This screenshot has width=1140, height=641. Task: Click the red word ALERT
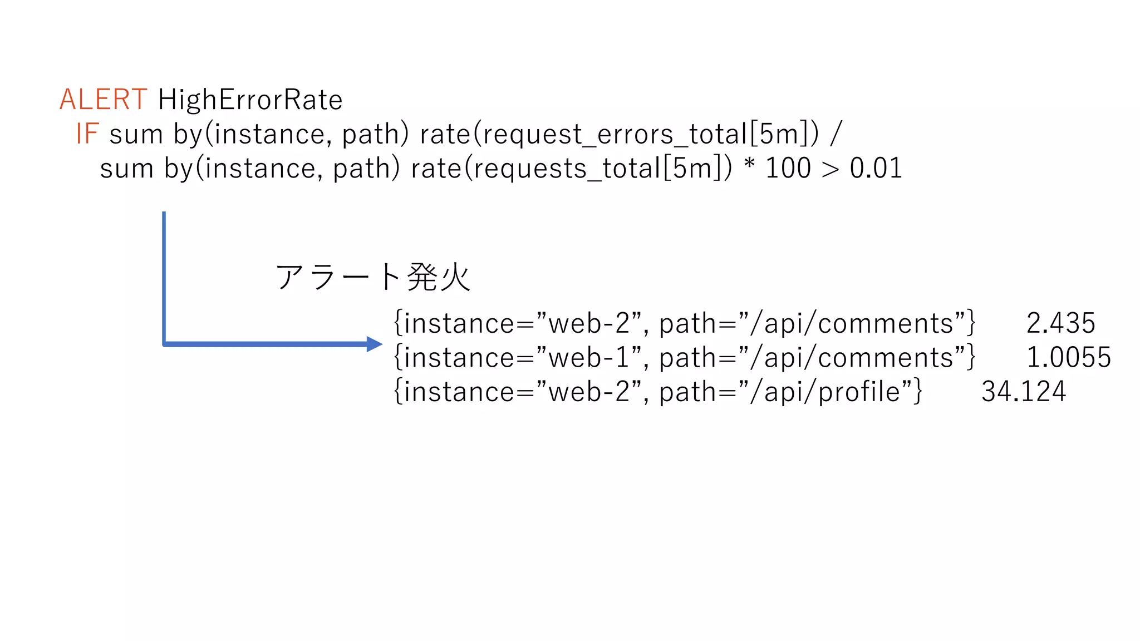click(x=103, y=100)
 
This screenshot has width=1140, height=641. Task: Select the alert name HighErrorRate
click(x=250, y=100)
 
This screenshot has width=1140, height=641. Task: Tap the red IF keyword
click(x=87, y=135)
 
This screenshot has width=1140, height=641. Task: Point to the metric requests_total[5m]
click(x=598, y=169)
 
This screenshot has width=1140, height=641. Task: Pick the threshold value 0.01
click(x=876, y=169)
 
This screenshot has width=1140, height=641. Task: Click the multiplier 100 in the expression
click(x=788, y=169)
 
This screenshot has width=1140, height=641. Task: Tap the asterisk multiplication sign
click(x=749, y=166)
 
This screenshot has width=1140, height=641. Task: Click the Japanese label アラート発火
click(x=373, y=277)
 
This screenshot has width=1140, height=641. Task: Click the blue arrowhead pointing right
click(x=374, y=344)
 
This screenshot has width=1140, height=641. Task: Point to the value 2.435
click(x=1060, y=323)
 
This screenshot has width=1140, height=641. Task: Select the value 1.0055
click(x=1068, y=357)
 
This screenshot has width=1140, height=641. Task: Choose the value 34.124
click(x=1023, y=392)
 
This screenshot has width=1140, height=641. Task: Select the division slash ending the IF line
click(x=836, y=135)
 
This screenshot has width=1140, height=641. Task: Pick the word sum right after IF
click(x=136, y=135)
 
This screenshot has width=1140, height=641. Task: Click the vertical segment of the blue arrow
click(x=164, y=278)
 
